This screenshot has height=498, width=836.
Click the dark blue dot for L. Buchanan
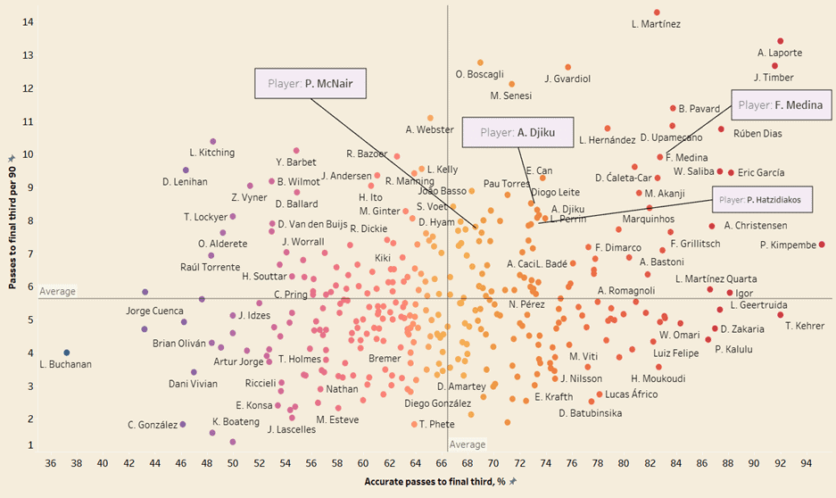[67, 353]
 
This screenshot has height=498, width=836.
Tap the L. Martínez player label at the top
[656, 24]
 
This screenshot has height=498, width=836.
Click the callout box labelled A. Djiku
[517, 133]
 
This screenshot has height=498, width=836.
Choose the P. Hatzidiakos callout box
[762, 199]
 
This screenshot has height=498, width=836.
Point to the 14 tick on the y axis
[30, 22]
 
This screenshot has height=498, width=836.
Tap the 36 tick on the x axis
[50, 463]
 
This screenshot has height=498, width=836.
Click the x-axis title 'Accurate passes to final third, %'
[435, 482]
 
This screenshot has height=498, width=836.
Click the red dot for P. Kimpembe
[822, 245]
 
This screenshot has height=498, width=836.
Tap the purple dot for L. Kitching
[212, 142]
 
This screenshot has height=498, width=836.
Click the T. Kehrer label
[805, 326]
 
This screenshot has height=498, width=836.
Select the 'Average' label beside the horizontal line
[57, 291]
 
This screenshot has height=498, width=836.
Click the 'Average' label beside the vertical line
[468, 444]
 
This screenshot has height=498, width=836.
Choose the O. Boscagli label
[480, 75]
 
